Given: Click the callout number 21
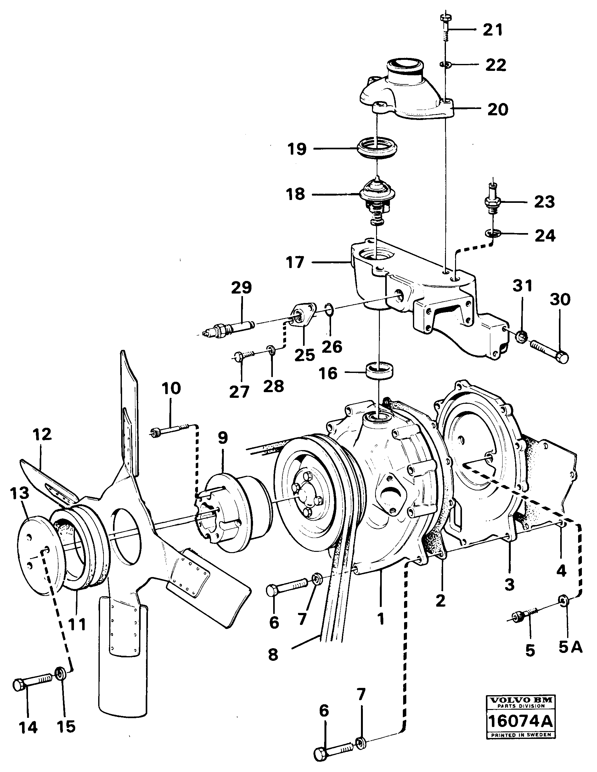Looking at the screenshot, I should coord(493,30).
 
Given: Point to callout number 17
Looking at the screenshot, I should coord(295,263).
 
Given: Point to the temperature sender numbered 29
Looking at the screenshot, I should coord(230,328).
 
